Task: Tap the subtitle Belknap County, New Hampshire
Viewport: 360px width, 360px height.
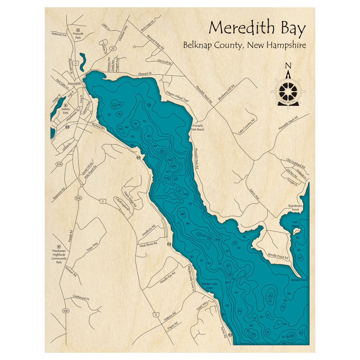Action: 245,46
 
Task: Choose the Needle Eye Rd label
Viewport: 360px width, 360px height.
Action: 168,277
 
